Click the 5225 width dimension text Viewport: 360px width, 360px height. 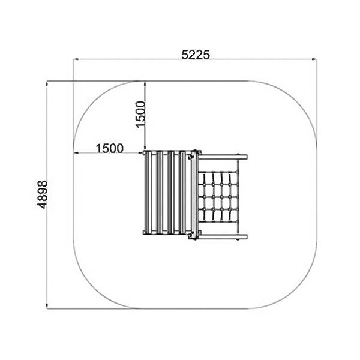[x=196, y=55]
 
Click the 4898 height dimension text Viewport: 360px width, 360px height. [x=43, y=194]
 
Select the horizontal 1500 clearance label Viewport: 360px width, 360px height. [x=110, y=148]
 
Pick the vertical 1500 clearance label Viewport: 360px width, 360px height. [x=140, y=114]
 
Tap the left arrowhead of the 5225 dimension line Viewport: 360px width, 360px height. [x=76, y=59]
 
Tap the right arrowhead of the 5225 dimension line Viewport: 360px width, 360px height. [x=314, y=59]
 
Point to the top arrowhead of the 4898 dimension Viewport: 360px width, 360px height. [x=47, y=83]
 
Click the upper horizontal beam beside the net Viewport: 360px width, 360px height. [x=223, y=157]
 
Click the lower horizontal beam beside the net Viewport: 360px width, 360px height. [x=223, y=237]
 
